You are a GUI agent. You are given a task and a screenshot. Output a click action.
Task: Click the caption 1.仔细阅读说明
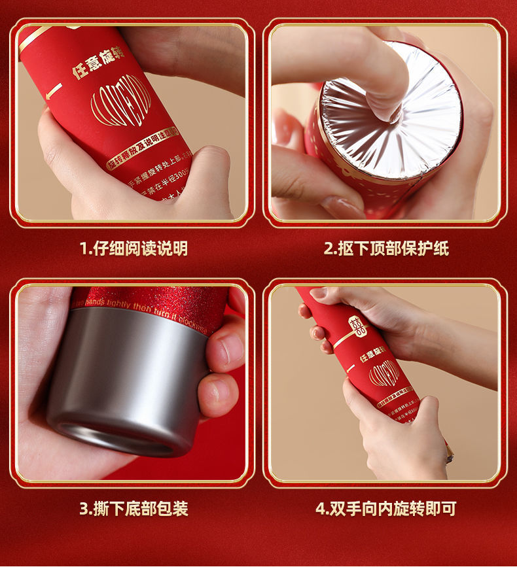click(x=134, y=249)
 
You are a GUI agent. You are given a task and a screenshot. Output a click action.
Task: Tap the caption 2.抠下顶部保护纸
click(x=386, y=249)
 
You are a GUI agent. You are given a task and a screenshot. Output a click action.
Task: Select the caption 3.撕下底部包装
click(x=134, y=508)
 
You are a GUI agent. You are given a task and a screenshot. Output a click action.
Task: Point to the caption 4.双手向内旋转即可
click(x=386, y=508)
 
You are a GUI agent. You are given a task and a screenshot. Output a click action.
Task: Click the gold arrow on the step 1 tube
click(x=54, y=91)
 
